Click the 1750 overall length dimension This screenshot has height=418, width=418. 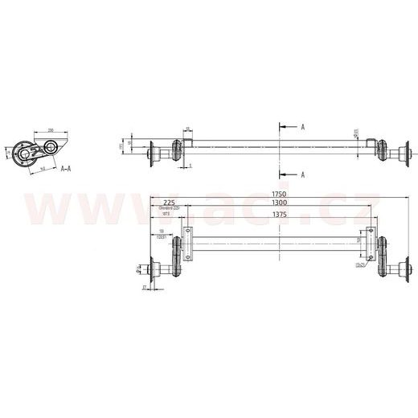[x=278, y=194]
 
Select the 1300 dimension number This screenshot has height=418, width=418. [x=278, y=204]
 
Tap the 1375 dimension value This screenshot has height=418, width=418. [x=278, y=215]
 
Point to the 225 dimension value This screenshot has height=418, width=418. [x=170, y=202]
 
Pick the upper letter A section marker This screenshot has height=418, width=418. [x=302, y=127]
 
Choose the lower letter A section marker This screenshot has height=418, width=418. [x=302, y=174]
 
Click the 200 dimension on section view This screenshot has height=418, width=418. [x=50, y=129]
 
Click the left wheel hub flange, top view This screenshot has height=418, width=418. [x=151, y=151]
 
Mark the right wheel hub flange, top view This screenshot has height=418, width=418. [x=407, y=151]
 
